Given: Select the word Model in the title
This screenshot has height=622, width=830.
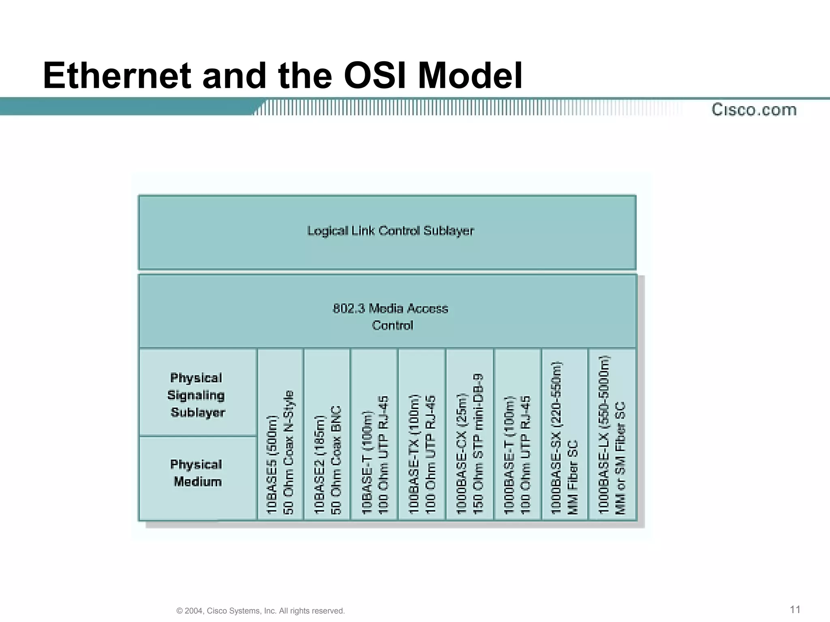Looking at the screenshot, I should point(470,76).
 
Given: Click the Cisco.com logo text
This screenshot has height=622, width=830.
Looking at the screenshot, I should point(754,110).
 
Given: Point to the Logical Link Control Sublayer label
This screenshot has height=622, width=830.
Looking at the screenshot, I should point(390,231).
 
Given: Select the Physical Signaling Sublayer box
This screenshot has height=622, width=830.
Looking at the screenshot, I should point(197,395).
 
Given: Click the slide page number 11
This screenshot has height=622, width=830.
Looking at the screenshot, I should point(795,609).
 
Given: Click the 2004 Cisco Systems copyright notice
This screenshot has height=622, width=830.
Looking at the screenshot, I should point(261,611).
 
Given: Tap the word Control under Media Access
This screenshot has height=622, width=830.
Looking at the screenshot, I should point(392,325).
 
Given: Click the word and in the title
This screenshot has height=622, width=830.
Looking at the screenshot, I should point(234,76).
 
